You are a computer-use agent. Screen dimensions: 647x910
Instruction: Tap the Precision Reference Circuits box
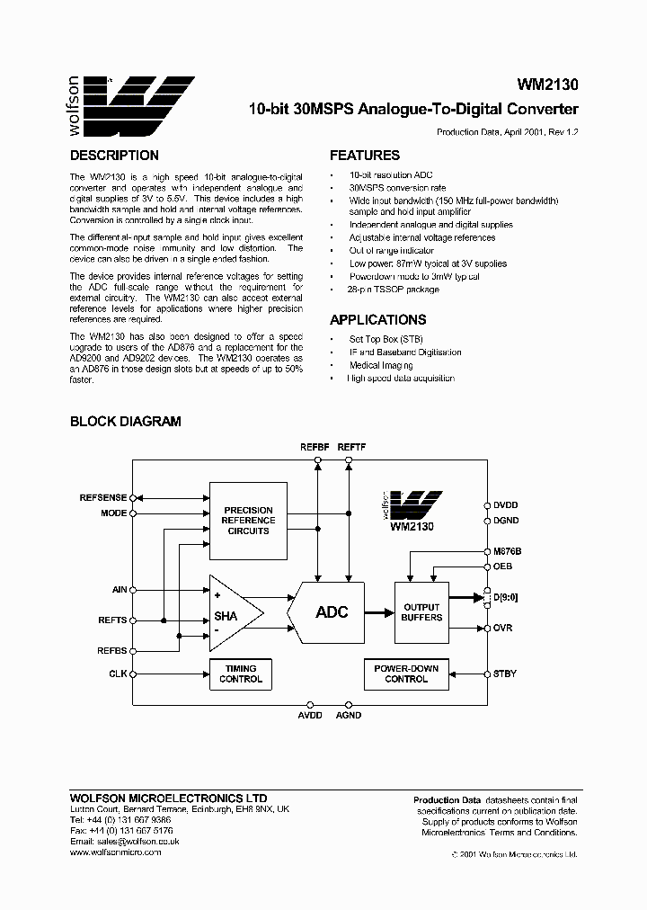(x=249, y=521)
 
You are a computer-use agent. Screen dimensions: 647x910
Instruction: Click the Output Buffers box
(x=421, y=612)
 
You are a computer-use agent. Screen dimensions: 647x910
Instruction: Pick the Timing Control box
(x=241, y=674)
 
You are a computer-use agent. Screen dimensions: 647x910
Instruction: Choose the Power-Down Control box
(x=406, y=674)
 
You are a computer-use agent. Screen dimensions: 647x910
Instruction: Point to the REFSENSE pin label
(x=103, y=496)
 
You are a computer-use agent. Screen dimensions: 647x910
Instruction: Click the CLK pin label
(x=118, y=673)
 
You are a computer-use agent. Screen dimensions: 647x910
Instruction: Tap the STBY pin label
(x=504, y=673)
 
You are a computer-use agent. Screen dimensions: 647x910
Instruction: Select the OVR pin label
(x=502, y=628)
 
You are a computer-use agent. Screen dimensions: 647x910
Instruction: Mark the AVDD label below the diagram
(x=310, y=715)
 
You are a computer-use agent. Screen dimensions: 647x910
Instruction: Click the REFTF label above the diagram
(x=350, y=447)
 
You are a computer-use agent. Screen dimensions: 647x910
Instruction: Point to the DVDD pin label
(x=506, y=504)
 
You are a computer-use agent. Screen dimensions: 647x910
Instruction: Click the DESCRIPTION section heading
(x=114, y=156)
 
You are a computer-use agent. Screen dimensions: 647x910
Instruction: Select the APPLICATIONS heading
(x=377, y=319)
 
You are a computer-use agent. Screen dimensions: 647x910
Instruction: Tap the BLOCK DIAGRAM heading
(x=126, y=421)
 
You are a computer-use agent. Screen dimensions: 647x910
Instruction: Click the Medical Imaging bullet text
(x=381, y=365)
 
